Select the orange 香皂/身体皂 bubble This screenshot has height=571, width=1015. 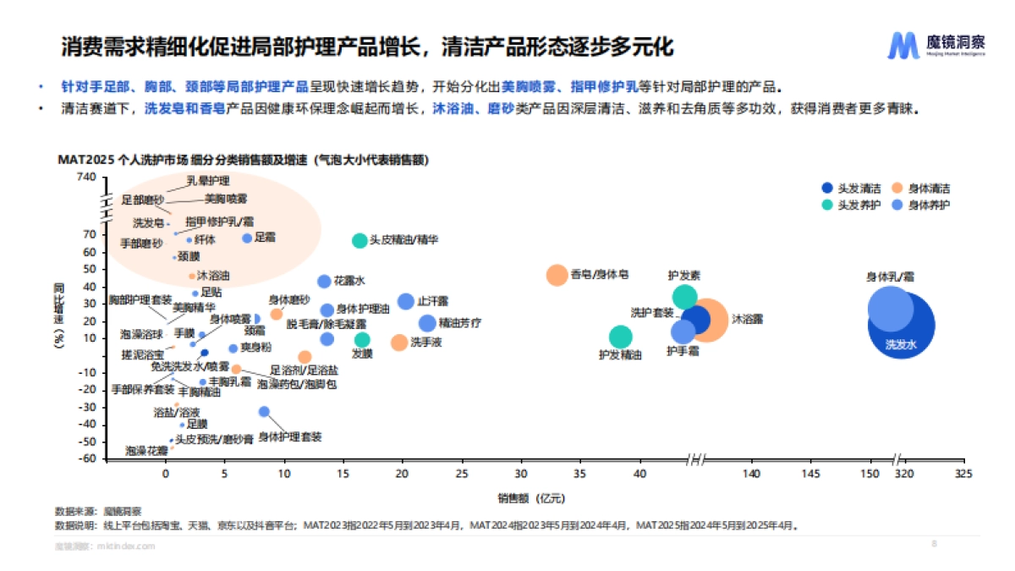point(557,275)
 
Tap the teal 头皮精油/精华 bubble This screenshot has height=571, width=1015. point(359,241)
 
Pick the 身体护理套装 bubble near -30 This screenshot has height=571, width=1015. point(264,411)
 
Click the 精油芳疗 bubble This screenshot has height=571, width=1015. point(427,323)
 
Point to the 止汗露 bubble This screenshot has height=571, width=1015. point(406,301)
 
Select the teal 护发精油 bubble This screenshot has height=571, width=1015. point(620,336)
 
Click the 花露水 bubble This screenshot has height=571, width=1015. point(324,281)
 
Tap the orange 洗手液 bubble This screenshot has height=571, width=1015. point(399,342)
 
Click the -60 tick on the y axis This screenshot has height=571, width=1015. point(88,459)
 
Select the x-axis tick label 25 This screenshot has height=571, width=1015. point(462,475)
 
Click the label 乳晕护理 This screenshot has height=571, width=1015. point(207,180)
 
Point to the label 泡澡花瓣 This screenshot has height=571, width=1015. point(146,451)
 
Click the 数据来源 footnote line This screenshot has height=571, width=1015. point(99,511)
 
